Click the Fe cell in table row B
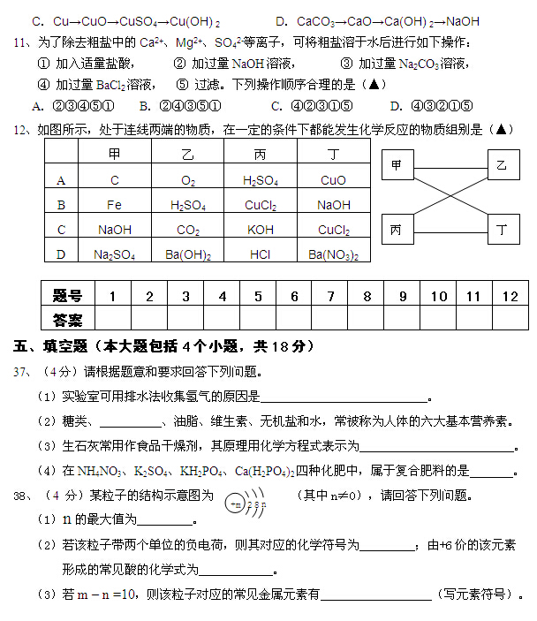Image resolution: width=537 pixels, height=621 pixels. tap(115, 205)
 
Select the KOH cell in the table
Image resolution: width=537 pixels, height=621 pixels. tap(261, 230)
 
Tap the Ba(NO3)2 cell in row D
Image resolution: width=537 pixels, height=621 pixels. tap(333, 254)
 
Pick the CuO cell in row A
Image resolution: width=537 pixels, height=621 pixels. tap(333, 180)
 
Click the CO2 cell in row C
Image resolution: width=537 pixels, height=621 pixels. tap(188, 230)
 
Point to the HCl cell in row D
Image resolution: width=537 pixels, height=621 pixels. tap(261, 254)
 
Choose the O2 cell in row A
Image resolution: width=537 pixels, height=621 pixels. tap(188, 180)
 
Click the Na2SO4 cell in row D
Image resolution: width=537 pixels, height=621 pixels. tap(115, 254)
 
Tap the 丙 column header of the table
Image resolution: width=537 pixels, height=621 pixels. tap(261, 155)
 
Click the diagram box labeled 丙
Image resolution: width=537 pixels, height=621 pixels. tap(397, 230)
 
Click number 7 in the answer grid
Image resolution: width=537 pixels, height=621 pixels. tap(330, 296)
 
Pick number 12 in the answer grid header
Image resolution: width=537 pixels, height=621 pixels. tap(510, 296)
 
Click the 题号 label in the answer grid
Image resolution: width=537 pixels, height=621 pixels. tap(67, 296)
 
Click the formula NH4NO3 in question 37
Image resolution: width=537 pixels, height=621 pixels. tap(104, 471)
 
